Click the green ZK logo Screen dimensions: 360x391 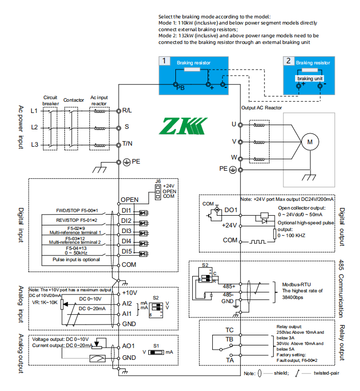pos(183,126)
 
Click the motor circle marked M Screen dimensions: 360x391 pos(310,142)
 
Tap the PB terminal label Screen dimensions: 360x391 pos(181,88)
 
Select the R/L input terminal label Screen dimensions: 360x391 pos(127,110)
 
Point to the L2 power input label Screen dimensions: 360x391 pos(34,127)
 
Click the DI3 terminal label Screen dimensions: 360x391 pos(126,231)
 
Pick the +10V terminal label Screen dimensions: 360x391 pos(129,293)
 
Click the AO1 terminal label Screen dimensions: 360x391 pos(128,346)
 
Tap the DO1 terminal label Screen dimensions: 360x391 pos(231,210)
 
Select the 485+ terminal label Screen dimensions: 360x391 pos(229,286)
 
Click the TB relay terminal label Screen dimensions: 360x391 pos(229,339)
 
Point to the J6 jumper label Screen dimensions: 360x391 pos(158,181)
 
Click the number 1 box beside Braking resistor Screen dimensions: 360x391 pos(164,61)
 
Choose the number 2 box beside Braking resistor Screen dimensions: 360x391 pos(288,61)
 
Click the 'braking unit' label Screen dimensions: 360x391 pos(310,79)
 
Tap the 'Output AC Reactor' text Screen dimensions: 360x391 pos(261,108)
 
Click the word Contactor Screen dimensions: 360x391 pos(74,100)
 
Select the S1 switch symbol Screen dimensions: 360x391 pos(156,352)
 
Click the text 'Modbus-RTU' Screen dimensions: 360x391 pos(297,285)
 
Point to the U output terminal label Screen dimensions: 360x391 pos(234,124)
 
